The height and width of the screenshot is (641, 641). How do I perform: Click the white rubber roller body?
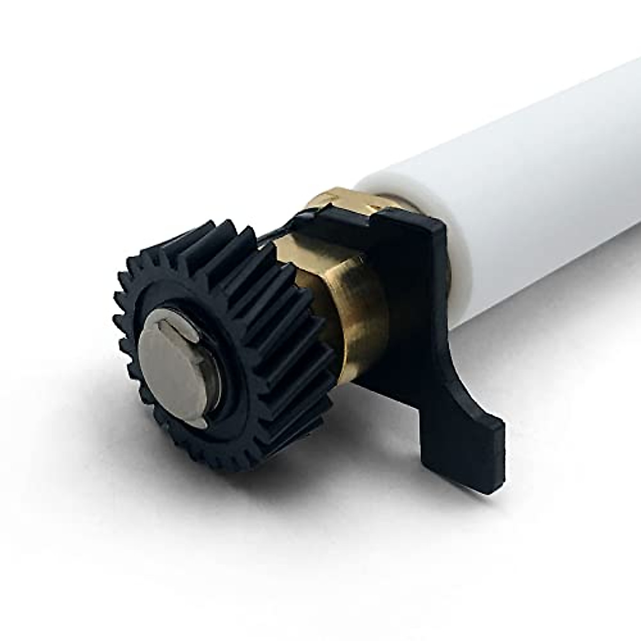(x=534, y=187)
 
